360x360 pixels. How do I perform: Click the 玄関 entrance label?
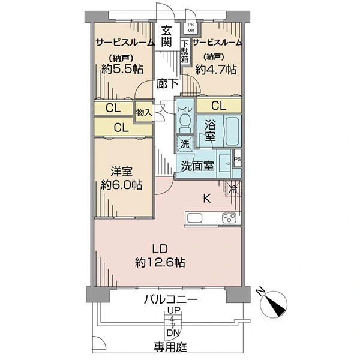(166, 36)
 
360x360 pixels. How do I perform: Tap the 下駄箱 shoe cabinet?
(185, 52)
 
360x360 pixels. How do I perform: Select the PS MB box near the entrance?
(191, 28)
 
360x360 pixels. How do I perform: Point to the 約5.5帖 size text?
(122, 68)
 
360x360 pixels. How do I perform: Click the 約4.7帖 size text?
(215, 69)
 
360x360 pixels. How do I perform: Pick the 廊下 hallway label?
(167, 84)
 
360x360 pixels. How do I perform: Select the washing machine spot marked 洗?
(185, 144)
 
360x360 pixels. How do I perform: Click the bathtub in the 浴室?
(232, 131)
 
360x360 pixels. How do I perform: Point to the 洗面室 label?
(197, 166)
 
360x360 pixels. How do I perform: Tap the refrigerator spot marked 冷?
(233, 189)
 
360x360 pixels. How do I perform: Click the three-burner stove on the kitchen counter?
(229, 218)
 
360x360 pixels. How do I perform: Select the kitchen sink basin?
(194, 218)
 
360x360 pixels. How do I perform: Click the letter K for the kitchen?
(207, 199)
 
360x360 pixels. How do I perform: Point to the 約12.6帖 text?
(160, 262)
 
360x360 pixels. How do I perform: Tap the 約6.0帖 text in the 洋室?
(122, 185)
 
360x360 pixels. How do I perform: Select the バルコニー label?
(171, 299)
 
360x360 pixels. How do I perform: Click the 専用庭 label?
(170, 347)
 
